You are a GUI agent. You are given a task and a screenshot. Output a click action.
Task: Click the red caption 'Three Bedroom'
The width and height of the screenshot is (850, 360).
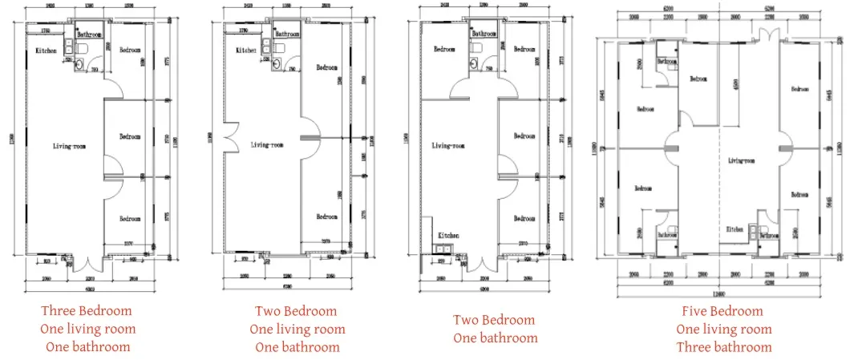[87, 310]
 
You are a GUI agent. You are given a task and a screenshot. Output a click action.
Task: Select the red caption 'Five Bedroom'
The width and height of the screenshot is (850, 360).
[723, 310]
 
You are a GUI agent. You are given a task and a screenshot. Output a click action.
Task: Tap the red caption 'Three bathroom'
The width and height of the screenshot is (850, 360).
[723, 347]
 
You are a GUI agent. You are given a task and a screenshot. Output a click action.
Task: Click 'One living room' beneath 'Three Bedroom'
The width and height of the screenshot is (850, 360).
[87, 329]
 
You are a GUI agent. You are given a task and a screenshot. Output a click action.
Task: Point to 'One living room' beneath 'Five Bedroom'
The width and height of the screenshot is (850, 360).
[723, 329]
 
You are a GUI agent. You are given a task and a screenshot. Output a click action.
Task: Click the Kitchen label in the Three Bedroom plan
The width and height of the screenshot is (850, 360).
[46, 52]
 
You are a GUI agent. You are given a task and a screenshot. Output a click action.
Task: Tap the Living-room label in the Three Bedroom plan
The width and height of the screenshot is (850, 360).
[67, 146]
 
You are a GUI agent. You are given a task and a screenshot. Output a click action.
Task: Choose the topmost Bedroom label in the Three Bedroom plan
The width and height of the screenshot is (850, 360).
[130, 51]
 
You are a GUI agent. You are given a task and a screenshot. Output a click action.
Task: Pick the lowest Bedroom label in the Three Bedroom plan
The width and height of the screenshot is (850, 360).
[130, 219]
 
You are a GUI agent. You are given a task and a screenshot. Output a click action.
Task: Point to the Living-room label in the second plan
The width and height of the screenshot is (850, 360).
[266, 146]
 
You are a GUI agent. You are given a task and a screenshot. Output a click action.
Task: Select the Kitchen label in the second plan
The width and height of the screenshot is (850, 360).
[245, 51]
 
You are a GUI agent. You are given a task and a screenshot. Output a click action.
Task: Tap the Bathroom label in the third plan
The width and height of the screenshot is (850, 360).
[484, 34]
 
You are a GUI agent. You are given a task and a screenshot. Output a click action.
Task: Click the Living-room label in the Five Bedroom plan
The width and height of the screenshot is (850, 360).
[742, 160]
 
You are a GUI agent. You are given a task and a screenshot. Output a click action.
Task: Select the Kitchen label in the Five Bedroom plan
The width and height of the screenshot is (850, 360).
[735, 229]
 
